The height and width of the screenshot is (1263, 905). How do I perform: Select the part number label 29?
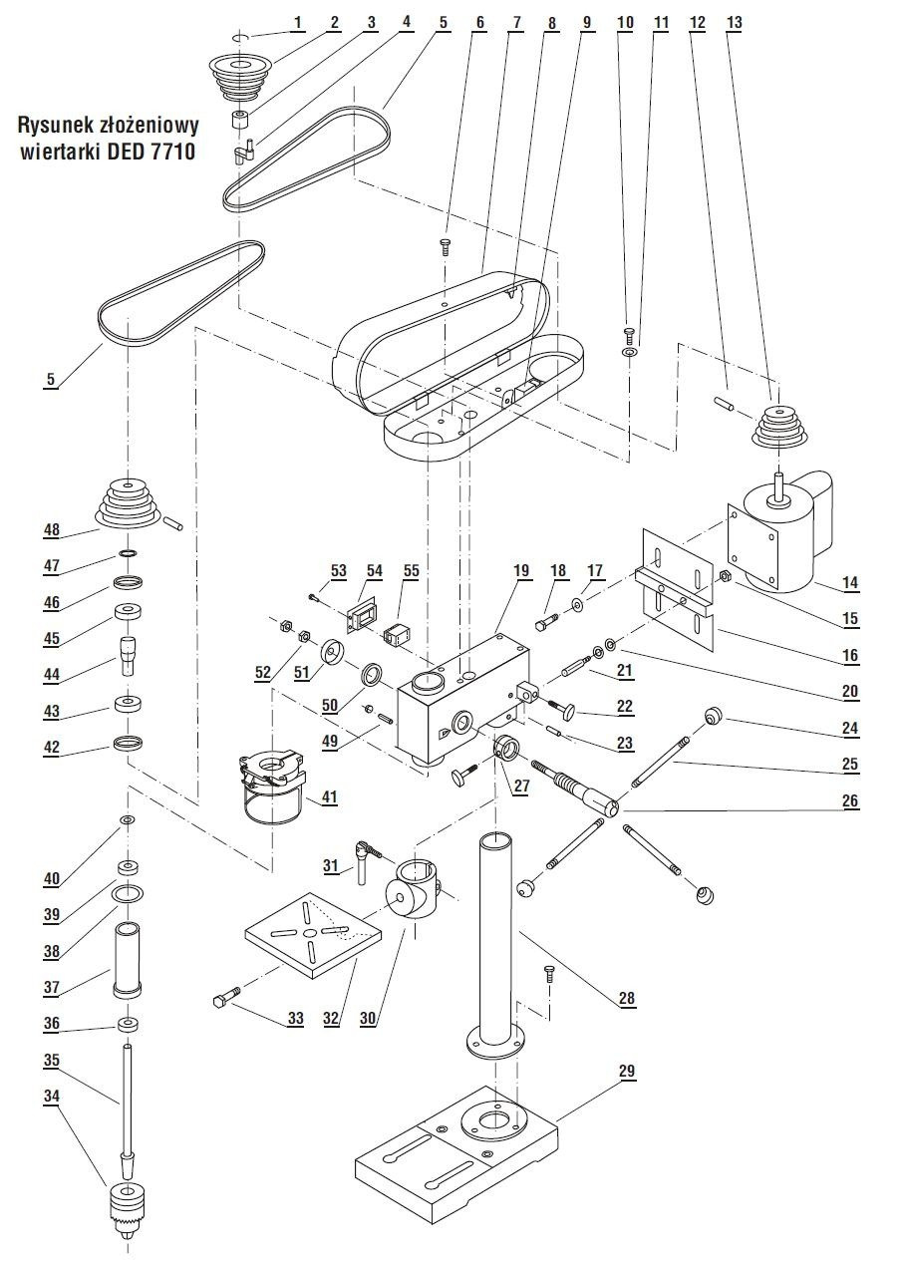coord(626,1071)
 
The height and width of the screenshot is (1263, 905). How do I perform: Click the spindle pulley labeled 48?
coord(129,504)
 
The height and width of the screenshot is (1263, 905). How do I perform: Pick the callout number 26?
coord(849,800)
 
